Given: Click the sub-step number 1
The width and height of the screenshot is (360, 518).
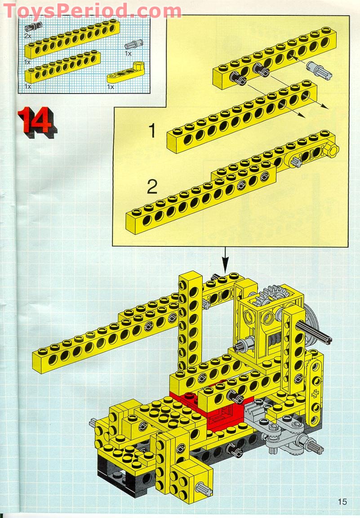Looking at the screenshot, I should [x=153, y=131].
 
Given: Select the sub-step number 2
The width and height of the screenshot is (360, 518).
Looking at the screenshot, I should [x=152, y=187].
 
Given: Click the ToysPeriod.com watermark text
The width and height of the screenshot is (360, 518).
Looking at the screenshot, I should [x=92, y=10].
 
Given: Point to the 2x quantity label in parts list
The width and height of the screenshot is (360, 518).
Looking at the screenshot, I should [x=27, y=35].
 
